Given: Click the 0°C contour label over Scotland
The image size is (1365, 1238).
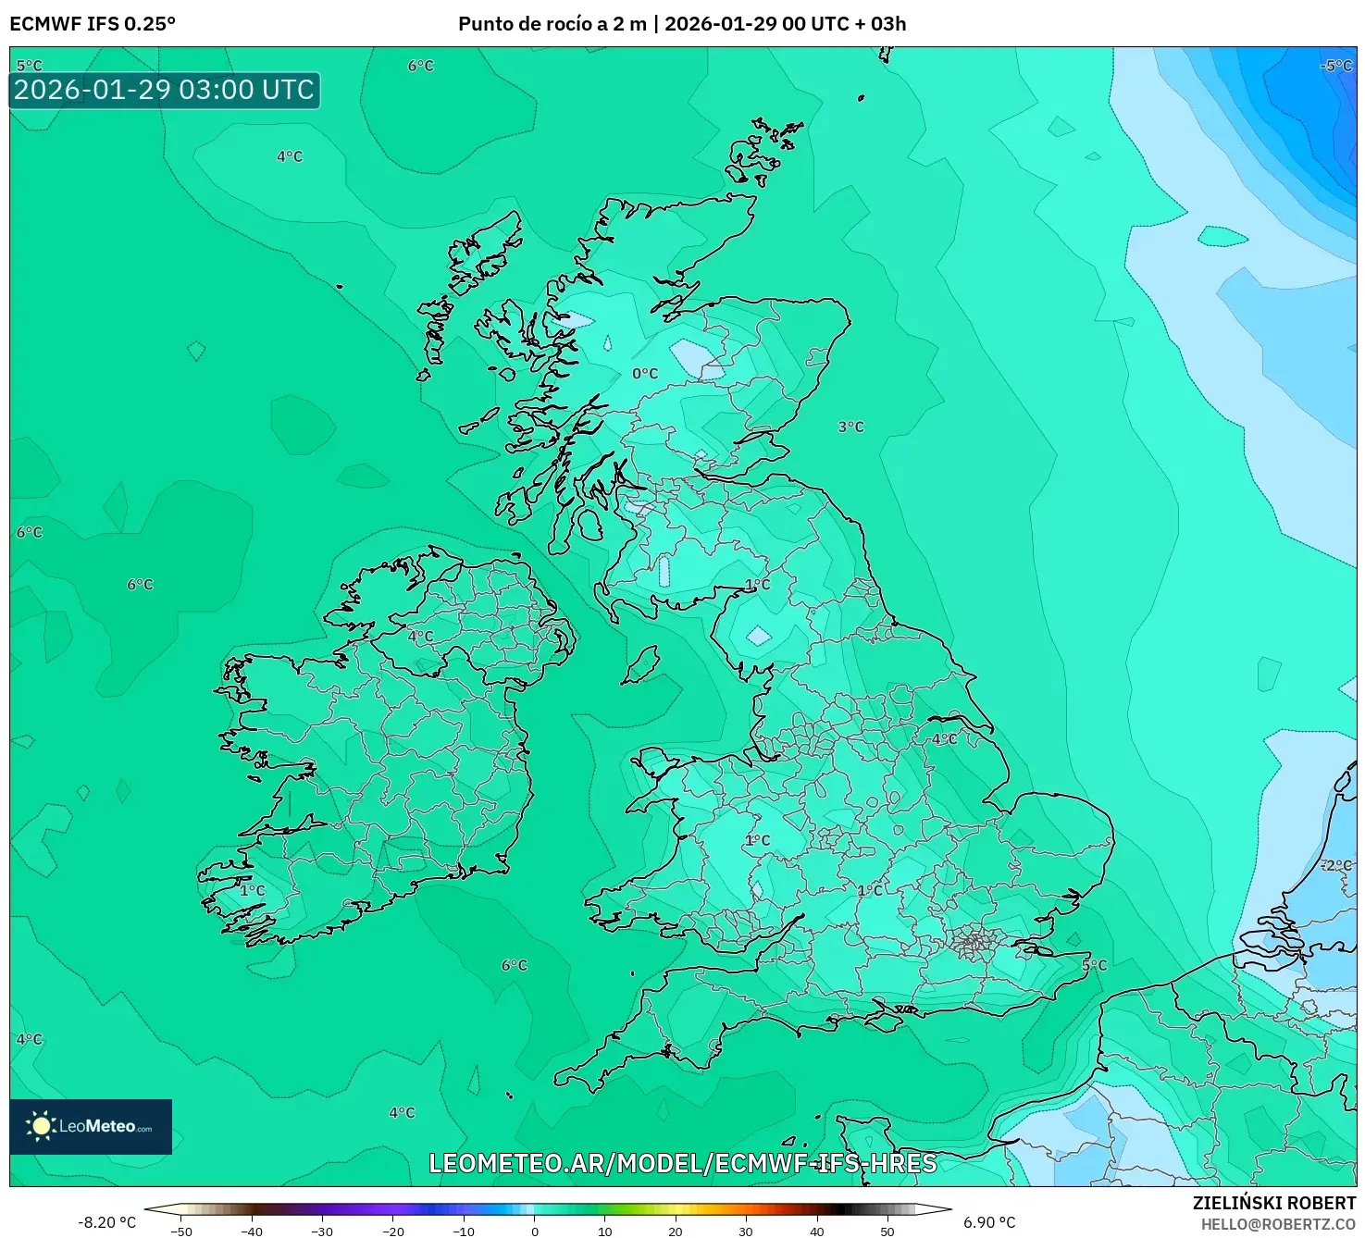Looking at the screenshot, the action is (645, 374).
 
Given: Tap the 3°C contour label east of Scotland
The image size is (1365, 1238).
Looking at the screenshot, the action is (850, 427).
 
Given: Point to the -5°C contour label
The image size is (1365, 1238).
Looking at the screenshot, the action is (1335, 66).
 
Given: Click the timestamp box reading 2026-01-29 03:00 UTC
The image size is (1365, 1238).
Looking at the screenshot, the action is (165, 91).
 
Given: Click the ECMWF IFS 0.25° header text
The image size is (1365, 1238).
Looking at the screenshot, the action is (93, 24).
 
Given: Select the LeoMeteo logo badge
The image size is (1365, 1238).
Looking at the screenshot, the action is (91, 1126).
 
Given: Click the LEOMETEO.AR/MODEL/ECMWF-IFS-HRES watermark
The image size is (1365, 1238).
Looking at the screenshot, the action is (683, 1163).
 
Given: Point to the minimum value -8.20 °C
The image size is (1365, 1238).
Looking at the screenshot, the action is (106, 1222).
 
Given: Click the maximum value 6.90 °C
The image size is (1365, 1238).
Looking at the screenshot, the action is (989, 1222).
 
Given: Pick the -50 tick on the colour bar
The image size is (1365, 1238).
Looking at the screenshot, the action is (181, 1232).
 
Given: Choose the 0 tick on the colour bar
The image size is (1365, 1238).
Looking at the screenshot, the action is (534, 1232).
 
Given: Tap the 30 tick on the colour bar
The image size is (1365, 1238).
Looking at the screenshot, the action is (746, 1232).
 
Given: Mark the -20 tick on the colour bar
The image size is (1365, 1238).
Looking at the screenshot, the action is (393, 1232).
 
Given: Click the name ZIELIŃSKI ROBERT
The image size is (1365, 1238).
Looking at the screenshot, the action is (1273, 1203).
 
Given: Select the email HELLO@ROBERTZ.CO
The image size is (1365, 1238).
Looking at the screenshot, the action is (1278, 1224).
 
